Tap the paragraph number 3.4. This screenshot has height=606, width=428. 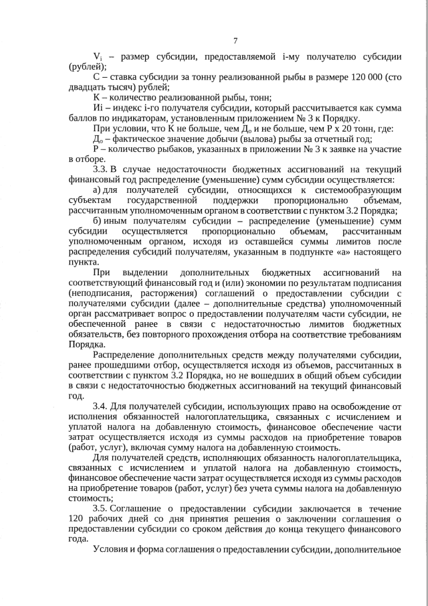(x=101, y=406)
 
